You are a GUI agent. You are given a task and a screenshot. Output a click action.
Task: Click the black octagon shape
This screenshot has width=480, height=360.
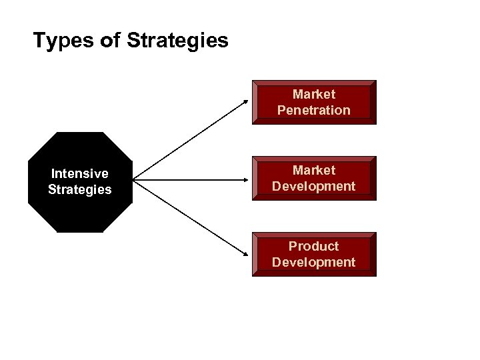[80, 181]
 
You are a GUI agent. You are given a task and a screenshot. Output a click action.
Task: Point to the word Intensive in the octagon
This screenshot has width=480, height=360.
[80, 174]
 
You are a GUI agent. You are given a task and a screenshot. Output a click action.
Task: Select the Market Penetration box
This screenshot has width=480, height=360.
[314, 102]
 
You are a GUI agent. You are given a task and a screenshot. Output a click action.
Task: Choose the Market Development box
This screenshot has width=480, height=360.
[314, 179]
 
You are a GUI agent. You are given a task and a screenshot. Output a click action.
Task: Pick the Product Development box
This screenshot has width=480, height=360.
[314, 254]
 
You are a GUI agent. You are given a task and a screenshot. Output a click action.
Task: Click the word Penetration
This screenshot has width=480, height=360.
[314, 110]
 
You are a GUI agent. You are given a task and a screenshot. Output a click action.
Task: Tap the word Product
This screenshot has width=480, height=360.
[314, 247]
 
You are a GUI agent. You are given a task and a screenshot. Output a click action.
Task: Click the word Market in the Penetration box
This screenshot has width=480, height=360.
[314, 95]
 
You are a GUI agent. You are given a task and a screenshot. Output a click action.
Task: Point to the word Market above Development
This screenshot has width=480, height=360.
[314, 171]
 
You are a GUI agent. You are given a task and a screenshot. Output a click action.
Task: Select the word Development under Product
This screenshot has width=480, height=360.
[314, 262]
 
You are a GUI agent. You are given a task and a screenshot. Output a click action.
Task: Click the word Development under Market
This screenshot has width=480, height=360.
[314, 187]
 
